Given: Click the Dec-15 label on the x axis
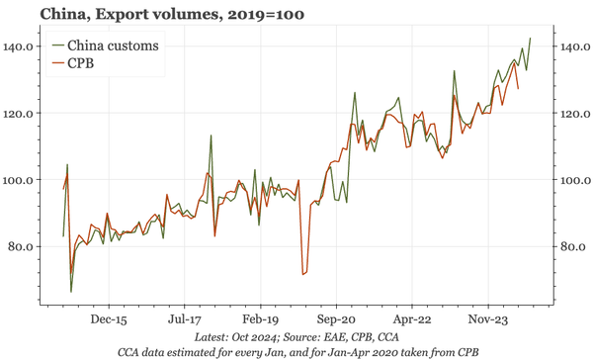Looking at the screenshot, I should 109,320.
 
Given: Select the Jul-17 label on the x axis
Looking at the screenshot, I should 185,320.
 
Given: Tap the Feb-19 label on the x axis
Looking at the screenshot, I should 261,320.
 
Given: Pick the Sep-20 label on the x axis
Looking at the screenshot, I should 336,320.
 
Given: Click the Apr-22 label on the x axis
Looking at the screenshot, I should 412,320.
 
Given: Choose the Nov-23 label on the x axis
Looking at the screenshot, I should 488,320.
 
